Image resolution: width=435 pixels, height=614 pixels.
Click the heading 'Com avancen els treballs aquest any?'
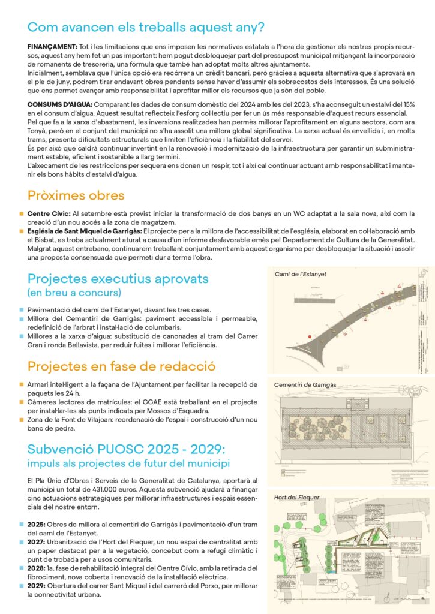(x=146, y=27)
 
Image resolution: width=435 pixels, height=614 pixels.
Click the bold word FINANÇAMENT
(x=52, y=46)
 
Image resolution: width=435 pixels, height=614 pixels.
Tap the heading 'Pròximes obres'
(x=76, y=195)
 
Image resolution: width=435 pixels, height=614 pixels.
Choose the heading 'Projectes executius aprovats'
(x=118, y=279)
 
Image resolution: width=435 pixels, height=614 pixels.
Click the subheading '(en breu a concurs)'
(x=73, y=293)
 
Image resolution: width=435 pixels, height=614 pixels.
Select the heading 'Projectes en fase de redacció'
(x=122, y=366)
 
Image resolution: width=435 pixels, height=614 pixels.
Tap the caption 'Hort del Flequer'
(x=296, y=497)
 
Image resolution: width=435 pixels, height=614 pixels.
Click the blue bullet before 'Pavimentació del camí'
(x=22, y=310)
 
